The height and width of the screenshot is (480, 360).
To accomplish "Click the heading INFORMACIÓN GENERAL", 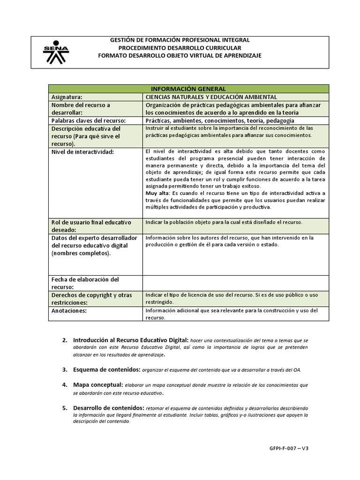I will coord(188,89).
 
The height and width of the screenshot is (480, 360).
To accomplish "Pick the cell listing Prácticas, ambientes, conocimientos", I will coord(220,120).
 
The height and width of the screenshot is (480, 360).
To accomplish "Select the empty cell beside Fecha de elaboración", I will coord(236,283).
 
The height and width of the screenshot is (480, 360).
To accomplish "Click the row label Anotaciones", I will coord(69,310).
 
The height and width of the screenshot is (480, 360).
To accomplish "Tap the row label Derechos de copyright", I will coord(91,295).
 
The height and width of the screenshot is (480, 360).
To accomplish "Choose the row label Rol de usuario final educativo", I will coord(91,222).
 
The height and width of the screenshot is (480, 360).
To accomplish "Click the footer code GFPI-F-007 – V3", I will coord(289,448).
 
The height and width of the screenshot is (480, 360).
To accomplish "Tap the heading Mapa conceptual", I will coord(98,384).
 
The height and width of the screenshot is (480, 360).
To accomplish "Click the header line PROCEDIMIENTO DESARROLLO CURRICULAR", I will coord(180,48).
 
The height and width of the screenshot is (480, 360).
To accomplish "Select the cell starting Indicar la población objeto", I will coord(224,222).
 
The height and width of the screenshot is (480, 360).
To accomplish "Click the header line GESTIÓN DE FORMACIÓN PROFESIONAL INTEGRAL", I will coord(180,40).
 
